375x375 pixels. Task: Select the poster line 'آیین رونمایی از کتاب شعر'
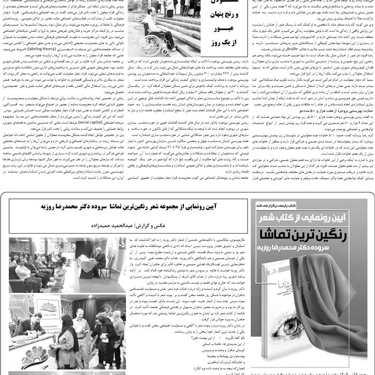[x=310, y=216]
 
